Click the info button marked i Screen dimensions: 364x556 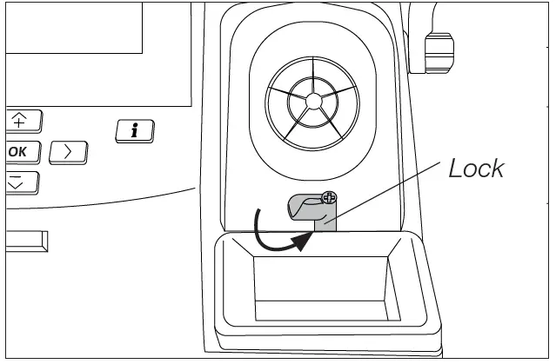[134, 131]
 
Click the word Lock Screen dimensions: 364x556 [475, 169]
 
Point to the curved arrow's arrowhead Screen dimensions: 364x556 [301, 242]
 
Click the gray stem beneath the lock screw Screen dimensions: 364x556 [325, 221]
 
